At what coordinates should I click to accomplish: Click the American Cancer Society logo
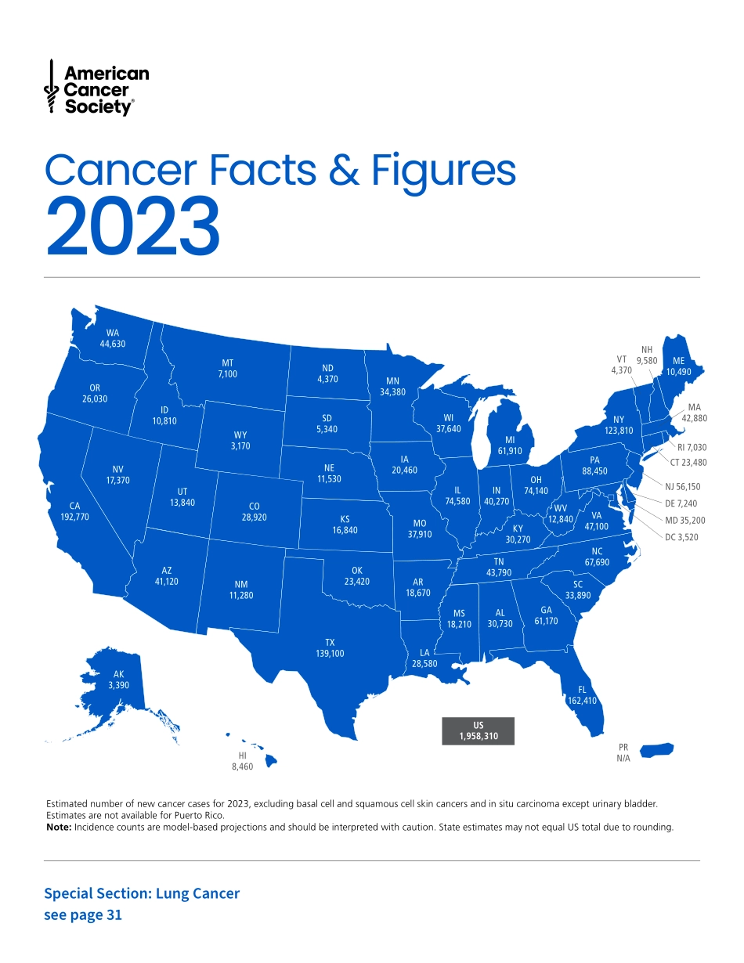(x=96, y=89)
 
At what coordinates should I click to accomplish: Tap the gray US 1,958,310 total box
(x=477, y=730)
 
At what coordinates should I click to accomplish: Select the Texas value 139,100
(x=330, y=653)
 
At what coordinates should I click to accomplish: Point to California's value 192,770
(x=75, y=518)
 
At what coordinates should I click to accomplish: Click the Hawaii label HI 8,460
(x=242, y=762)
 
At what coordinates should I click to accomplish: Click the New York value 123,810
(x=619, y=431)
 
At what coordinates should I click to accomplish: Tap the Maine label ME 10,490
(x=678, y=366)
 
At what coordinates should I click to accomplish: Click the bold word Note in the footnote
(x=59, y=827)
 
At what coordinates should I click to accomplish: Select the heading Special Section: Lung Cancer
(x=142, y=893)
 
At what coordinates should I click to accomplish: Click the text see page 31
(x=83, y=914)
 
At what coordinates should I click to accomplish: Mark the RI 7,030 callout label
(x=692, y=447)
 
